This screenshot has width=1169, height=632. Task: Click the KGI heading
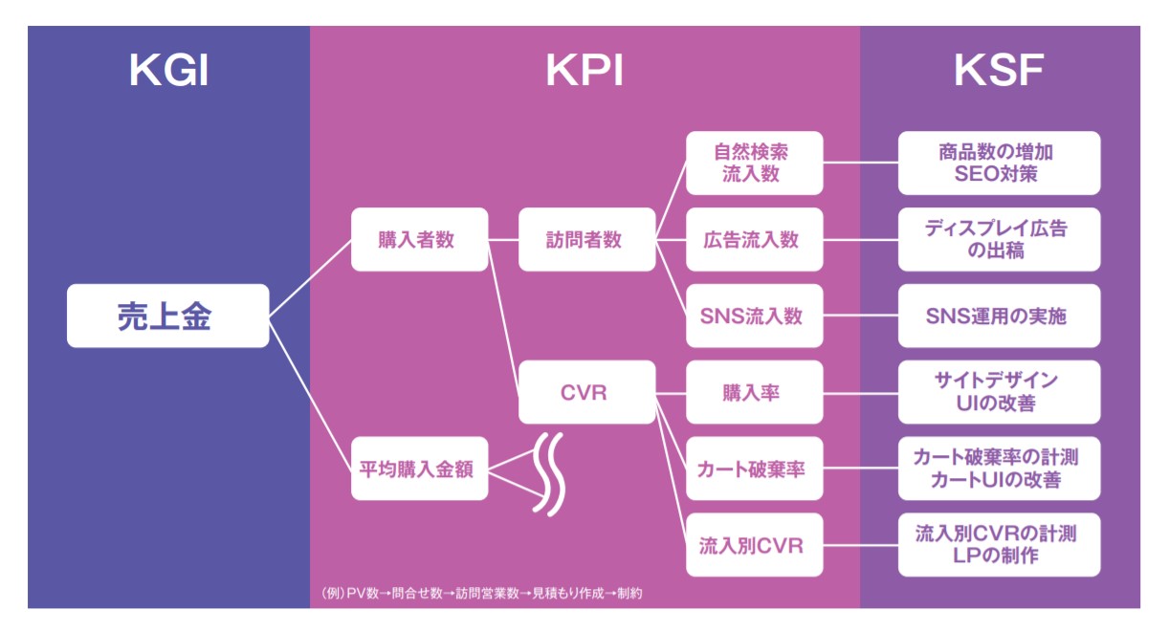click(168, 71)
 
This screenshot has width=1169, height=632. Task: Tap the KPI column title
click(584, 71)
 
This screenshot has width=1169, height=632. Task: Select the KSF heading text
click(999, 71)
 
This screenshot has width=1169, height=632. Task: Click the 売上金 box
click(168, 316)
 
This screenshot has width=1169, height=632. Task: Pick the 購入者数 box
click(420, 239)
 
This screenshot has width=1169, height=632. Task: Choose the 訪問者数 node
click(587, 239)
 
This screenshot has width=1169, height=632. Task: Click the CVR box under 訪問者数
click(587, 392)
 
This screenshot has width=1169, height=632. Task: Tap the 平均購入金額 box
click(420, 469)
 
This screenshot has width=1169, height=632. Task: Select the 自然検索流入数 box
click(755, 163)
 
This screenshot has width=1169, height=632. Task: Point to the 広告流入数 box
click(755, 239)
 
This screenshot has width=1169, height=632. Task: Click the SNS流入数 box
click(755, 316)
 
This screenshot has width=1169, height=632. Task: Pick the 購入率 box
click(755, 392)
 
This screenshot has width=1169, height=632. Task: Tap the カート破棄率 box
click(755, 469)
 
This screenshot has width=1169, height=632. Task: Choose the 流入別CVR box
click(755, 545)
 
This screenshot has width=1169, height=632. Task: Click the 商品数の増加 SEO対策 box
click(1000, 163)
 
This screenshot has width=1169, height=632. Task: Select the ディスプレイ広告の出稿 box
click(1000, 239)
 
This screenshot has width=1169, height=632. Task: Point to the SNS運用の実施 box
click(1000, 316)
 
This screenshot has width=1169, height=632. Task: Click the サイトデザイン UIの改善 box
click(1000, 392)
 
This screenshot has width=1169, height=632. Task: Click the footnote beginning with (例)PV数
click(482, 593)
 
